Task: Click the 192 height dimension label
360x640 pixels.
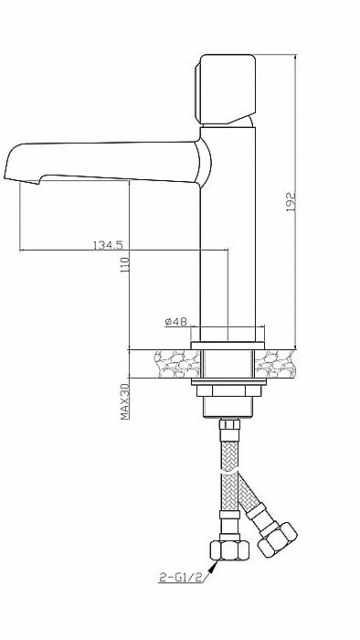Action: [291, 202]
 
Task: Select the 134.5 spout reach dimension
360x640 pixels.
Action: [108, 245]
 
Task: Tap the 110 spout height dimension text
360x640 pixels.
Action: [125, 265]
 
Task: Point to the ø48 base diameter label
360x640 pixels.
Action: [175, 322]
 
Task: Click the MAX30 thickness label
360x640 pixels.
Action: [125, 401]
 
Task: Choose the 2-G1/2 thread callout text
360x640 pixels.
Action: [182, 577]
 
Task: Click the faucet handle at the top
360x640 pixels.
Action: [226, 90]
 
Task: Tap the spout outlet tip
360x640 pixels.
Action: [20, 178]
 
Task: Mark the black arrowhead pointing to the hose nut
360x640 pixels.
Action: [213, 566]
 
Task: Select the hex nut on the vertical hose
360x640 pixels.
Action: [229, 550]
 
